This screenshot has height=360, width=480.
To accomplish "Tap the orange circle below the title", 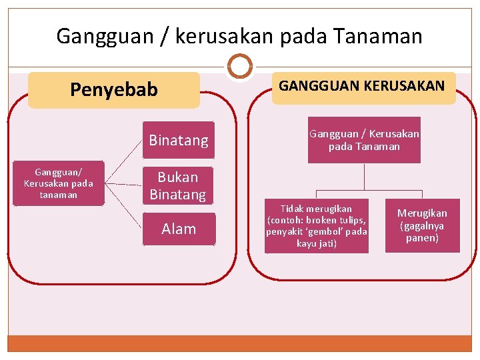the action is point(239,67).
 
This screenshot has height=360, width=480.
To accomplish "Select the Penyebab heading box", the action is point(114,89).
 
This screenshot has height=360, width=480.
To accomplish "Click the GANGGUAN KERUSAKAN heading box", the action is point(363,87).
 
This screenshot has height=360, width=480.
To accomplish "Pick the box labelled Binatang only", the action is point(179,140).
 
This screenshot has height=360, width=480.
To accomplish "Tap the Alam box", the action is point(179,229).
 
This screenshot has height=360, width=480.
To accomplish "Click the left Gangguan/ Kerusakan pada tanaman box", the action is point(59,183).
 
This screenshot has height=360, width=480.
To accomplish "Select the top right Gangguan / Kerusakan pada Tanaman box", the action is point(364,140).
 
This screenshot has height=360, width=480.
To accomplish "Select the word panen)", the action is point(423,238).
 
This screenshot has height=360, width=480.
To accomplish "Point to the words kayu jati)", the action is point(317,243).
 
